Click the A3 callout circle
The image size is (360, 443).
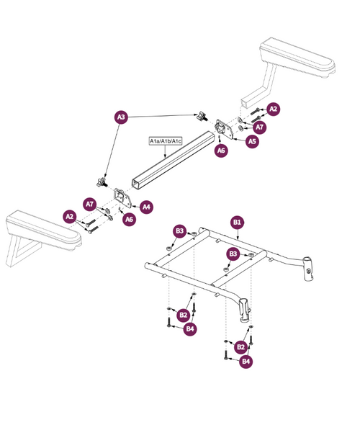coord(121,116)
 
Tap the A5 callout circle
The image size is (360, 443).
coord(252,142)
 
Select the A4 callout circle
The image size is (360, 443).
coord(147,207)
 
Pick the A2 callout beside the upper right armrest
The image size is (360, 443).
coord(273,109)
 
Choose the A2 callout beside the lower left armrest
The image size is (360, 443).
coord(70,216)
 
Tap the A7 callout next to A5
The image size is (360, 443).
coord(260,127)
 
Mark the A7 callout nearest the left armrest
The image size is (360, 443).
coord(90,204)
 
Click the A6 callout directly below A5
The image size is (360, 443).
coord(222,151)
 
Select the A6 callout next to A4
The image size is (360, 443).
coord(129,220)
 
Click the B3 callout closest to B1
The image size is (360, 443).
coord(233,254)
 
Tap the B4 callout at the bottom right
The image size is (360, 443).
coord(246,361)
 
